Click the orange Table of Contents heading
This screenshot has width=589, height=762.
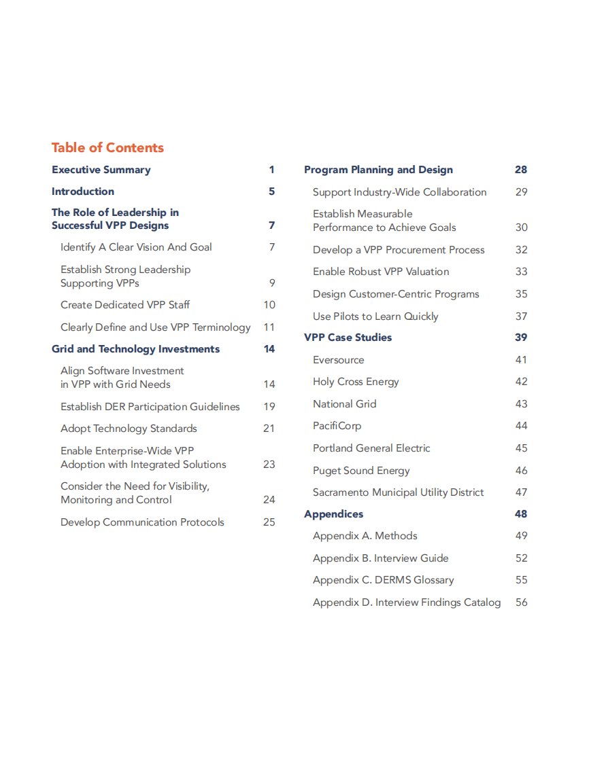point(107,148)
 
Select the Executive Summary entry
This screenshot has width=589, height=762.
point(101,170)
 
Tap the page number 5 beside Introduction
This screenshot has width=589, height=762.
point(271,192)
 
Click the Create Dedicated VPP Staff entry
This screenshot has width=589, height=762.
point(125,305)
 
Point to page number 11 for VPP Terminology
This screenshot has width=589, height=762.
point(269,327)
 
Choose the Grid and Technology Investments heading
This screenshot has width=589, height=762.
point(136,349)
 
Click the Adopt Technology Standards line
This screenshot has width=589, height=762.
point(129,429)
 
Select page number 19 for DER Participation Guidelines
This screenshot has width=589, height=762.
point(269,407)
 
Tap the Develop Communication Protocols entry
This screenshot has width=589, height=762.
point(142,522)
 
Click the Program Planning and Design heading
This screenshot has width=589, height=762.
point(378,170)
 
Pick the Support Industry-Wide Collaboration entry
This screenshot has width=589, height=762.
point(400,192)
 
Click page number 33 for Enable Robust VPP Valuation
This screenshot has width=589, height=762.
point(521,272)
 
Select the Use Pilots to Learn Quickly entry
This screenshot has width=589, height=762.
point(375,316)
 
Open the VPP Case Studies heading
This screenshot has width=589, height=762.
point(348,338)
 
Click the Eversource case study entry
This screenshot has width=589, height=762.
point(339,360)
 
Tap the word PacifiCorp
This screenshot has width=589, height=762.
point(337,426)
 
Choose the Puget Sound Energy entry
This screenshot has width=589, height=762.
point(361,471)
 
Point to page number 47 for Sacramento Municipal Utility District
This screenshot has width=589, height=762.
point(521,492)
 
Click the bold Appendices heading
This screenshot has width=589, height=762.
point(334,514)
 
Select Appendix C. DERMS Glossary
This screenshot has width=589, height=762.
point(384,580)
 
